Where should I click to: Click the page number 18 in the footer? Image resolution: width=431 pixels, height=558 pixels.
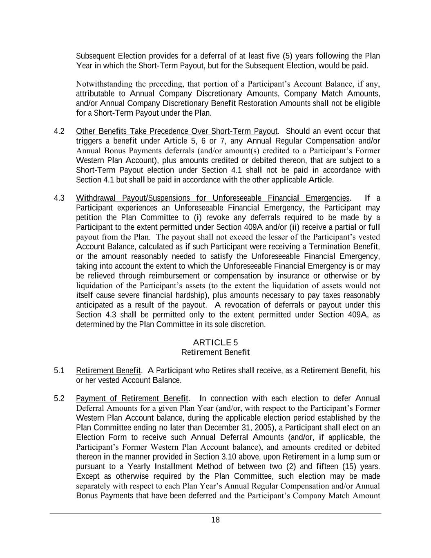[215, 520]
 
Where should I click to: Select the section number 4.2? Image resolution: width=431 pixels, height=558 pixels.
[59, 131]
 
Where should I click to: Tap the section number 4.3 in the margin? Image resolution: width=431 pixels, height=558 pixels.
[59, 198]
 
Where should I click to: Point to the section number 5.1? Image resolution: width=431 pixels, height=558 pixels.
[59, 371]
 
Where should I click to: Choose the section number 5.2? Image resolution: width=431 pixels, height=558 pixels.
[59, 398]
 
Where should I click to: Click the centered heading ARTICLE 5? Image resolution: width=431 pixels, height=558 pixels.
[215, 343]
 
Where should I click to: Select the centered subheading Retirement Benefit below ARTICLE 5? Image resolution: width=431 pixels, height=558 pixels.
[215, 352]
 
